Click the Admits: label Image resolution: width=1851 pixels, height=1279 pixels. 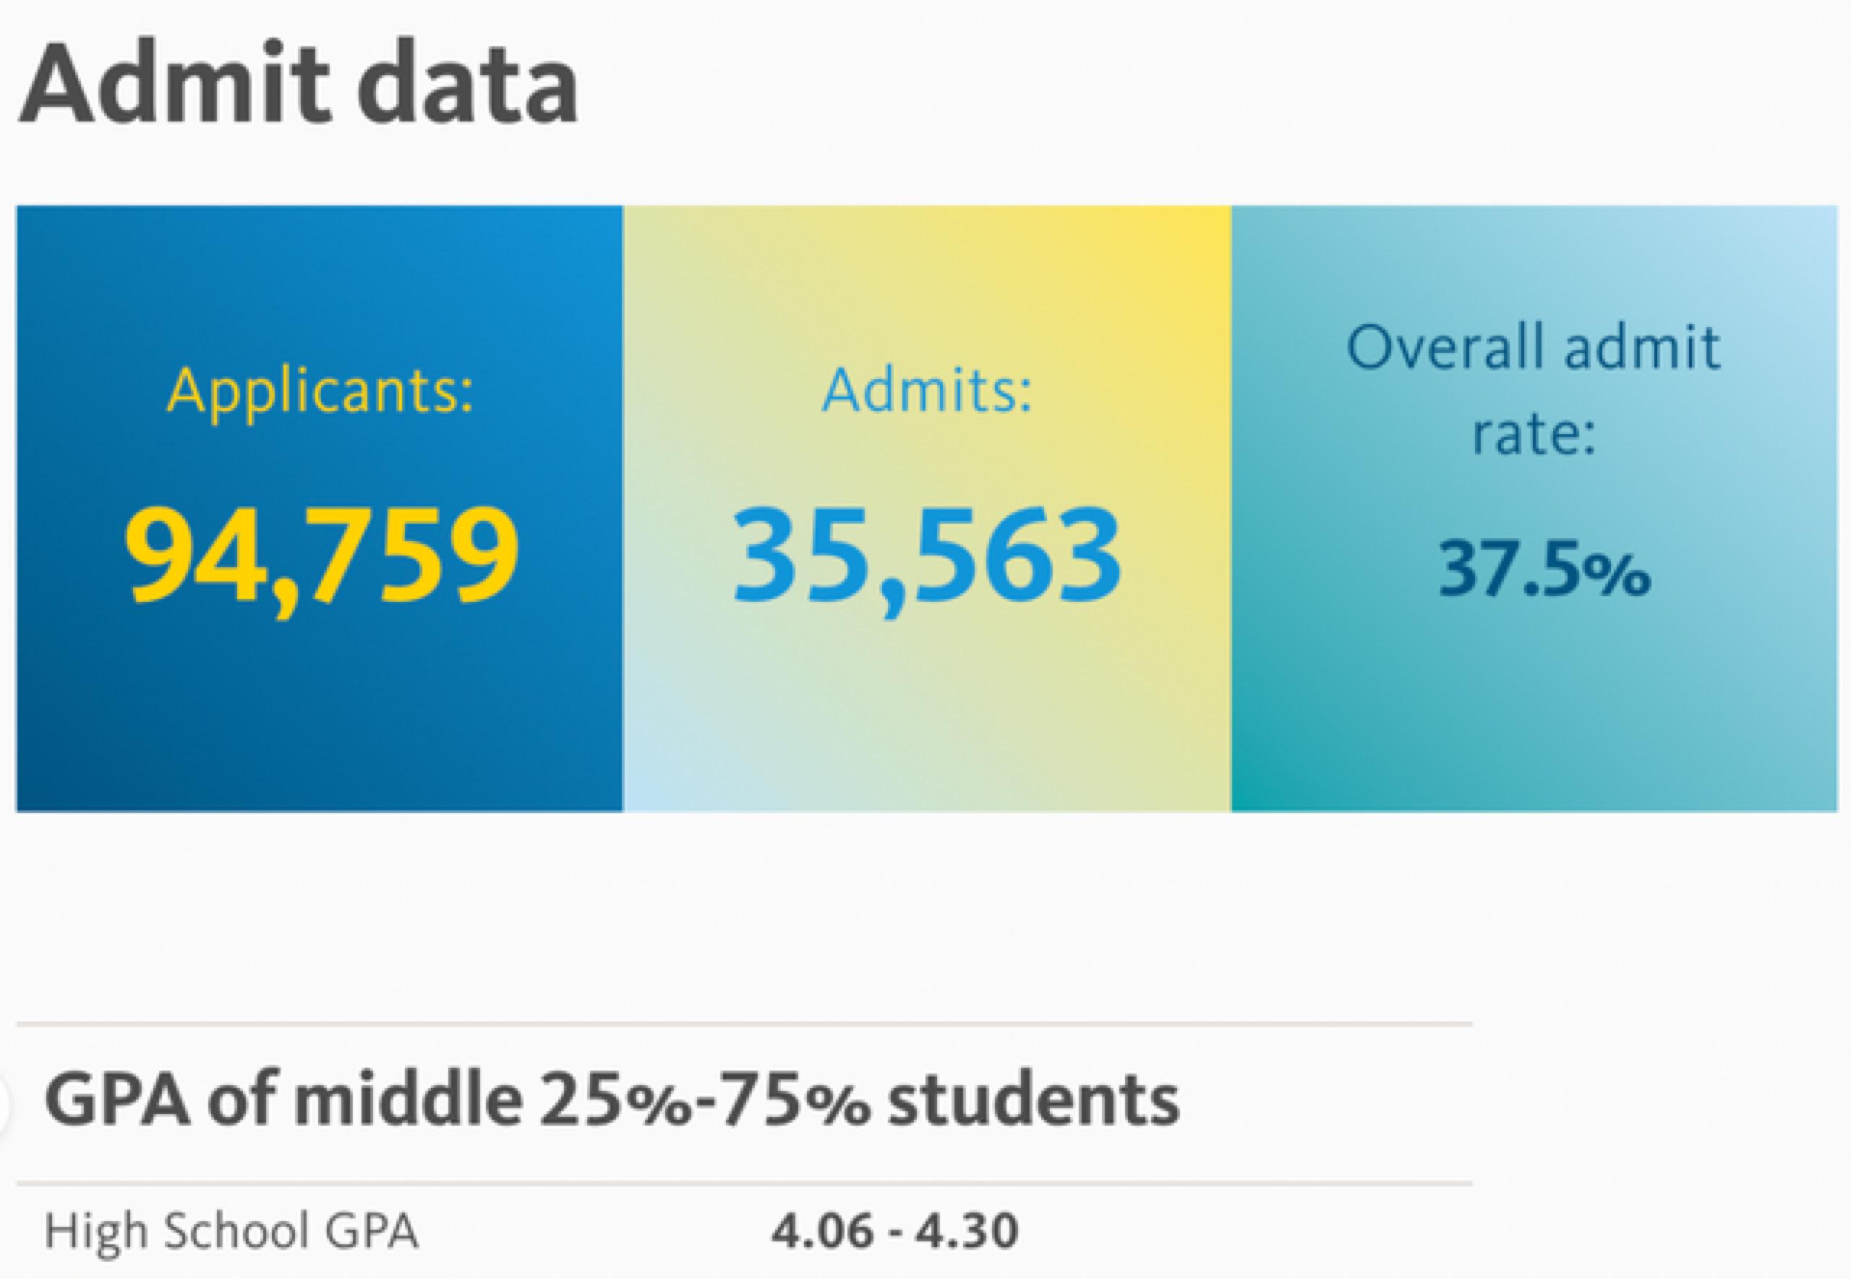pyautogui.click(x=928, y=391)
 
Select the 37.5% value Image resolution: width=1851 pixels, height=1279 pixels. pyautogui.click(x=1544, y=570)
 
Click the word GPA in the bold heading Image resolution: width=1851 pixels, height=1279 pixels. pyautogui.click(x=118, y=1100)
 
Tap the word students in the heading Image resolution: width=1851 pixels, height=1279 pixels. pyautogui.click(x=1033, y=1100)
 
